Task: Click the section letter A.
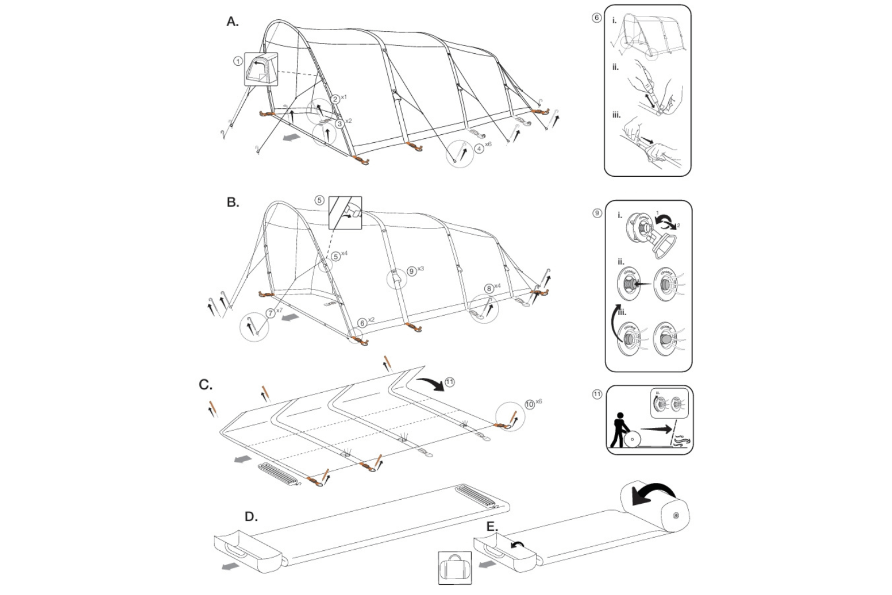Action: tap(232, 22)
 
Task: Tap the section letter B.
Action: tap(232, 202)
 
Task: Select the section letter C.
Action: tap(206, 385)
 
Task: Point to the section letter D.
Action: tap(251, 517)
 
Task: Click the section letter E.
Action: tap(492, 527)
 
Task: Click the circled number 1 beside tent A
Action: tap(238, 61)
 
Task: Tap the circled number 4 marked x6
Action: tap(479, 148)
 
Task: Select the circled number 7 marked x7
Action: tap(271, 313)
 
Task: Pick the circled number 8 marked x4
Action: tap(489, 288)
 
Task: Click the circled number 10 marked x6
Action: tap(530, 404)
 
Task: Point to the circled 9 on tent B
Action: tap(412, 271)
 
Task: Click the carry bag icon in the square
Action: tap(454, 567)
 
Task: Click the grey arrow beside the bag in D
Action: tap(229, 567)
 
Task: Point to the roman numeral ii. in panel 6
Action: tap(616, 67)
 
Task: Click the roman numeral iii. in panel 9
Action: tap(622, 312)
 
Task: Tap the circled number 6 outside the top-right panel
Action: tap(596, 18)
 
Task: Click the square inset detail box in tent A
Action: tap(261, 69)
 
